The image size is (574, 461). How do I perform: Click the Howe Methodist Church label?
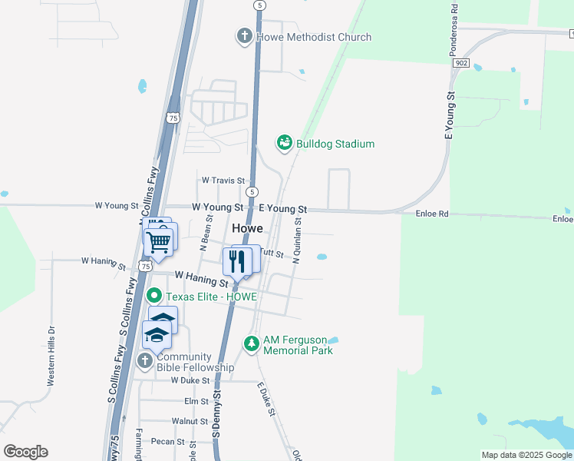pos(314,37)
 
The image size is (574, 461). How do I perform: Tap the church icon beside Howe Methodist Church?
pos(244,36)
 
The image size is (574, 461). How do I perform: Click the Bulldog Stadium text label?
pos(335,144)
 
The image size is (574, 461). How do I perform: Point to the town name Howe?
pos(247,229)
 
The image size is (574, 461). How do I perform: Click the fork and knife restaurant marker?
pos(237,260)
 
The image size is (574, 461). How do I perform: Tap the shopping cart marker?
pos(158,241)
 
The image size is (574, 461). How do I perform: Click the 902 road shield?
pos(460,62)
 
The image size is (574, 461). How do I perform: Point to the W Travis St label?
pos(223,181)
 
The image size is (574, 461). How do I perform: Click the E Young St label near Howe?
pos(282,209)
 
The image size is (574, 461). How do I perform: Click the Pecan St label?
pos(168,442)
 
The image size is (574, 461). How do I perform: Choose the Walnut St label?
pos(190,421)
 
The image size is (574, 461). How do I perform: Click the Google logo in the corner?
pos(25,451)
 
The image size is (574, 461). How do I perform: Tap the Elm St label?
pos(196,401)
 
